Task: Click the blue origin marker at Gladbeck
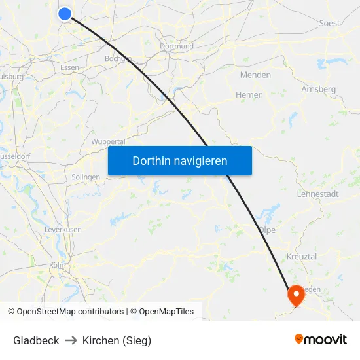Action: pyautogui.click(x=65, y=13)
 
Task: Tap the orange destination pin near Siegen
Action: pyautogui.click(x=297, y=295)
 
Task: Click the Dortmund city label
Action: pyautogui.click(x=177, y=46)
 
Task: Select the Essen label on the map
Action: pyautogui.click(x=69, y=67)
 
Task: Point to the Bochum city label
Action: pyautogui.click(x=118, y=58)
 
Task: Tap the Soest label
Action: pyautogui.click(x=329, y=23)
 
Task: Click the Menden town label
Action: pyautogui.click(x=255, y=75)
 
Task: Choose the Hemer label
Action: pyautogui.click(x=248, y=95)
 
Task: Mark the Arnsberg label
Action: pyautogui.click(x=319, y=89)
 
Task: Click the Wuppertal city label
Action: pyautogui.click(x=108, y=141)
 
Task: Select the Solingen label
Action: pyautogui.click(x=86, y=177)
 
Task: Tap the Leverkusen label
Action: pyautogui.click(x=63, y=230)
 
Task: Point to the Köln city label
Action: pyautogui.click(x=56, y=266)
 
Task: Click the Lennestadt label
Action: pyautogui.click(x=317, y=194)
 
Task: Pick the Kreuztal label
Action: pyautogui.click(x=302, y=257)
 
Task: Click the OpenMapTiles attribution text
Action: pyautogui.click(x=166, y=312)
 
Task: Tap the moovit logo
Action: pyautogui.click(x=321, y=340)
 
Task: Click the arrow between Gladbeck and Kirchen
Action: pyautogui.click(x=71, y=340)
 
